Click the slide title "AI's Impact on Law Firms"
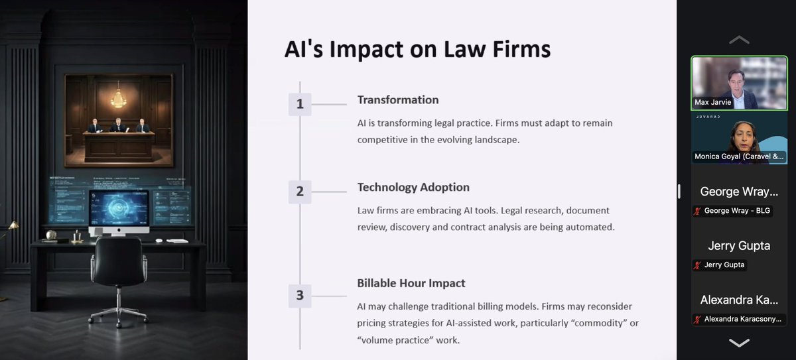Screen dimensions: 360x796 pyautogui.click(x=417, y=50)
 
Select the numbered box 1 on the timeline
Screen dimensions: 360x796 pyautogui.click(x=300, y=103)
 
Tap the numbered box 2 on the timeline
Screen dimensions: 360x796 pyautogui.click(x=300, y=192)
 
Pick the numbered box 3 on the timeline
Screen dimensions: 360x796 pyautogui.click(x=300, y=295)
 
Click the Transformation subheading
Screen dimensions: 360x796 pyautogui.click(x=398, y=100)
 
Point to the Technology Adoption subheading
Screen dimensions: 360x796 pyautogui.click(x=413, y=188)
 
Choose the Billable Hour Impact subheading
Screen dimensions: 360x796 pyautogui.click(x=411, y=283)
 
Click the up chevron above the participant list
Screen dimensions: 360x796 pyautogui.click(x=739, y=40)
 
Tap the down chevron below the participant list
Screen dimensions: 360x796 pyautogui.click(x=739, y=343)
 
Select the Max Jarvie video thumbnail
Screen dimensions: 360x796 pyautogui.click(x=739, y=83)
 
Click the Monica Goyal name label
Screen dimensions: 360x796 pyautogui.click(x=739, y=156)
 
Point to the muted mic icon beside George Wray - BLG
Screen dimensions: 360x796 pyautogui.click(x=698, y=211)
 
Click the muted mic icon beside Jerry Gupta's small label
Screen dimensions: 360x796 pyautogui.click(x=698, y=265)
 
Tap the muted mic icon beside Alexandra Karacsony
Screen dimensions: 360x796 pyautogui.click(x=698, y=319)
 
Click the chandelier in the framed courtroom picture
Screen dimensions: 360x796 pyautogui.click(x=119, y=97)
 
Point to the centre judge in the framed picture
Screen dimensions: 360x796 pyautogui.click(x=119, y=125)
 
